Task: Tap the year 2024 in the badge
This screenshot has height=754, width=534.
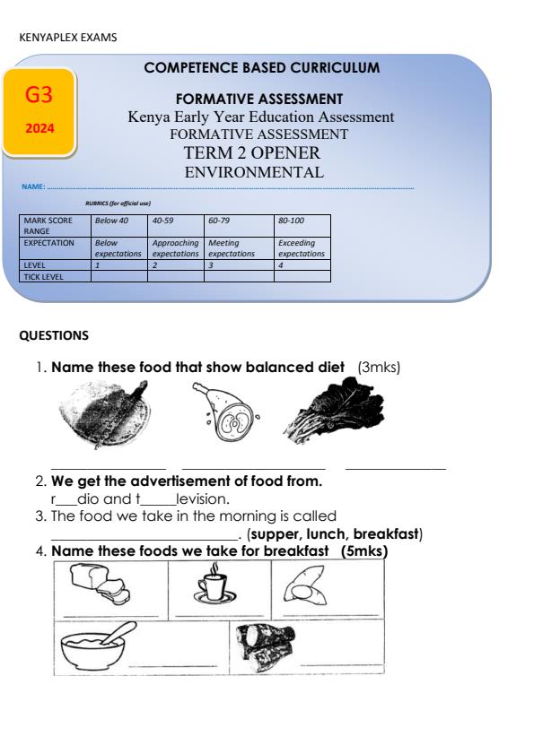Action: pos(39,128)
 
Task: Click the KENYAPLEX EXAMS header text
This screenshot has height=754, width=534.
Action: pos(67,38)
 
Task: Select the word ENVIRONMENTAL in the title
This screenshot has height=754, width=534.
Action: pos(253,173)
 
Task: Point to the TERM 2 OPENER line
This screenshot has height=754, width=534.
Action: pos(252,153)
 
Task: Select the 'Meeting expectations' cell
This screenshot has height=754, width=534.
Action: pos(232,248)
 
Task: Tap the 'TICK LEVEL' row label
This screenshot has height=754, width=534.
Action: pos(44,276)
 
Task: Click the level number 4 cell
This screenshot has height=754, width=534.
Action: pos(302,266)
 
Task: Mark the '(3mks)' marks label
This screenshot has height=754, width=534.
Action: pos(379,367)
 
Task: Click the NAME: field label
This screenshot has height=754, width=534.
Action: pos(33,188)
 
